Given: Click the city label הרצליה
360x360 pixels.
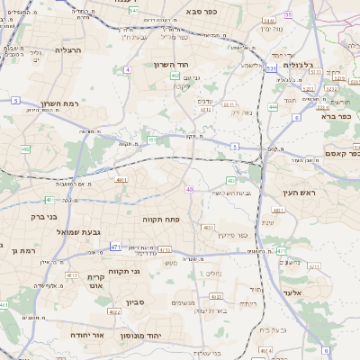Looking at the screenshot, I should (x=67, y=50).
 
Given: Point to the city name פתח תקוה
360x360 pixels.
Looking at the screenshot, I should (x=159, y=219).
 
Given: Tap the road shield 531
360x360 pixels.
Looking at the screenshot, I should (x=271, y=68).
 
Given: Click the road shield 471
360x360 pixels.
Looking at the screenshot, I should (x=115, y=246).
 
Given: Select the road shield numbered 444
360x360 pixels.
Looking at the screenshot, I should (x=272, y=106).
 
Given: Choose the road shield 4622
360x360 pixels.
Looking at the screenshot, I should (x=113, y=311).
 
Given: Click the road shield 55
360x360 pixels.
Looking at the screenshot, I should (x=288, y=14).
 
